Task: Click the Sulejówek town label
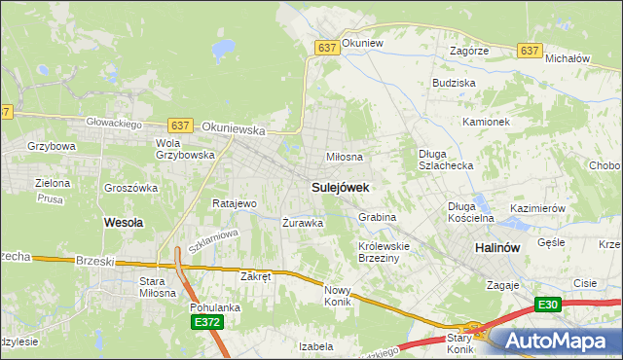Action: click(x=338, y=185)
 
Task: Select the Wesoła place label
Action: click(x=123, y=222)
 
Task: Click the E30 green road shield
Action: click(x=548, y=305)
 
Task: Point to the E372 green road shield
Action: click(x=206, y=322)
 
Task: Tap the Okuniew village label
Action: click(x=363, y=44)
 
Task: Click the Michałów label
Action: click(x=568, y=58)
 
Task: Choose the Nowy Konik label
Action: click(x=337, y=296)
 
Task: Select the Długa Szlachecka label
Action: click(x=445, y=160)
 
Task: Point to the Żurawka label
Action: click(x=303, y=223)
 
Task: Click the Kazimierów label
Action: click(x=537, y=209)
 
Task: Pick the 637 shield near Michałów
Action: click(x=530, y=50)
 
